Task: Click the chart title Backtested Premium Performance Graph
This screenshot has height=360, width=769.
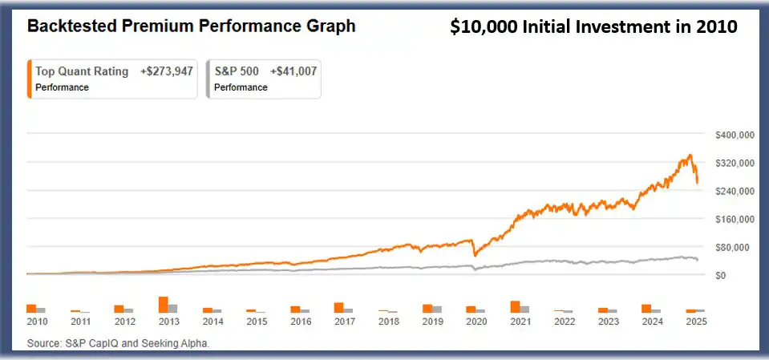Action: tap(191, 26)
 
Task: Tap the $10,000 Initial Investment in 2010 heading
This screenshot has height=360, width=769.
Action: tap(593, 27)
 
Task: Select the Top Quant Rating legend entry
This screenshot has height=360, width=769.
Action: tap(82, 71)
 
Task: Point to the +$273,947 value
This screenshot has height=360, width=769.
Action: tap(168, 71)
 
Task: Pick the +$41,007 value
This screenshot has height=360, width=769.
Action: tap(293, 71)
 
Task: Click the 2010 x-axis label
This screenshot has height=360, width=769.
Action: tap(37, 322)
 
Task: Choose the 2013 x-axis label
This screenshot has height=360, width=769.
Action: tap(168, 322)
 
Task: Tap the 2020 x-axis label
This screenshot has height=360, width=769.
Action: tap(476, 322)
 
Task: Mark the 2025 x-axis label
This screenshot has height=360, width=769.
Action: tap(696, 322)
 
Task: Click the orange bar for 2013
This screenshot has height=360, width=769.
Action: tap(164, 304)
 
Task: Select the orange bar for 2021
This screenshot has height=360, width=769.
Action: tap(515, 306)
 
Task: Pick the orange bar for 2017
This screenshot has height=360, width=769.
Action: tap(339, 307)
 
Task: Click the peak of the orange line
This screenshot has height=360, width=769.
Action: tap(690, 156)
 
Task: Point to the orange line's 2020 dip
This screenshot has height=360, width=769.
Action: tap(474, 255)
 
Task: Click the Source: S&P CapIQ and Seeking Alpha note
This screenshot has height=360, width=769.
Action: tap(118, 343)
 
